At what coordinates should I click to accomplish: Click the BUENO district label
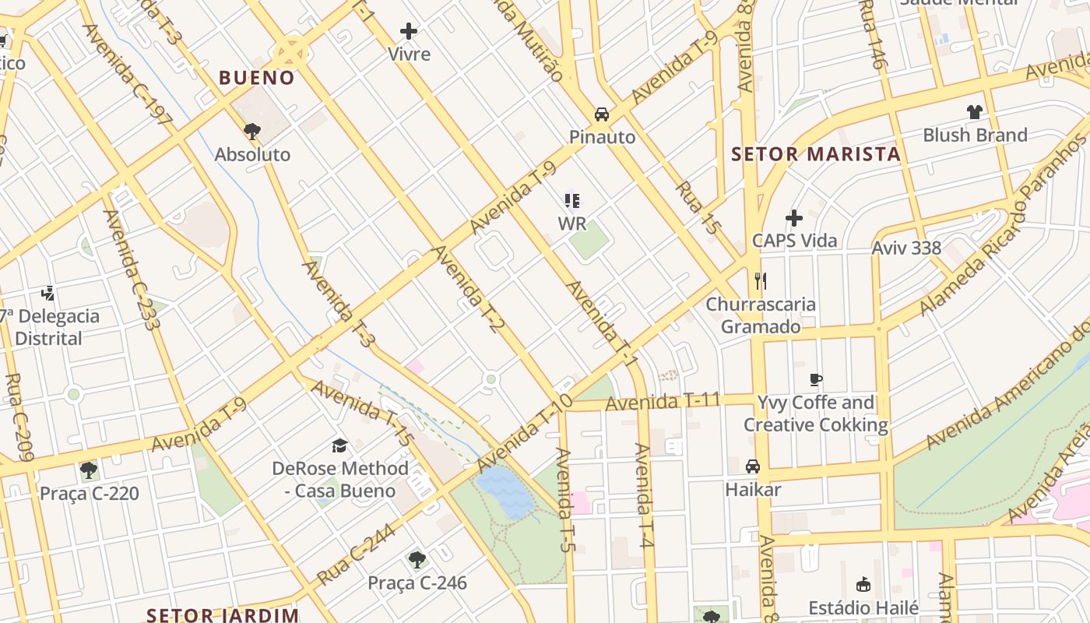pyautogui.click(x=256, y=78)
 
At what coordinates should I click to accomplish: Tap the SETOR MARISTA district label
pyautogui.click(x=815, y=154)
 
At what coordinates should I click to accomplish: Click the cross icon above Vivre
pyautogui.click(x=409, y=31)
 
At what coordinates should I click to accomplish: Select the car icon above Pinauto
pyautogui.click(x=602, y=114)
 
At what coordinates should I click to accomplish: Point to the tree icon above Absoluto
pyautogui.click(x=251, y=131)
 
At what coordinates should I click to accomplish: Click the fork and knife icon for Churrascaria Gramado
pyautogui.click(x=761, y=281)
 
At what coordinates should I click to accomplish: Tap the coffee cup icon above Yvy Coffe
pyautogui.click(x=815, y=380)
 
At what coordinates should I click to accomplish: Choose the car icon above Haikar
pyautogui.click(x=753, y=466)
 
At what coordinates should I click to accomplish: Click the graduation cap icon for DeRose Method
pyautogui.click(x=339, y=445)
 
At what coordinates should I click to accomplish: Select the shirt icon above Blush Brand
pyautogui.click(x=975, y=112)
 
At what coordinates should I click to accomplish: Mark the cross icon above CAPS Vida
pyautogui.click(x=794, y=218)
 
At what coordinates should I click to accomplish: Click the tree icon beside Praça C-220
pyautogui.click(x=89, y=470)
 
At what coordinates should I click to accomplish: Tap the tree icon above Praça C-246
pyautogui.click(x=417, y=559)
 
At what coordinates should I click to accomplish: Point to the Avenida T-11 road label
pyautogui.click(x=663, y=403)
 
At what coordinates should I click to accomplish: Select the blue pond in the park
pyautogui.click(x=506, y=492)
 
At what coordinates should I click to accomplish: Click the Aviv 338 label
pyautogui.click(x=906, y=248)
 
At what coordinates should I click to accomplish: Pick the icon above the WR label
pyautogui.click(x=572, y=202)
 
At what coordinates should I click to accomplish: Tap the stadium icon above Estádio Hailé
pyautogui.click(x=863, y=584)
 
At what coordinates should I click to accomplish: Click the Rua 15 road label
pyautogui.click(x=698, y=208)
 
